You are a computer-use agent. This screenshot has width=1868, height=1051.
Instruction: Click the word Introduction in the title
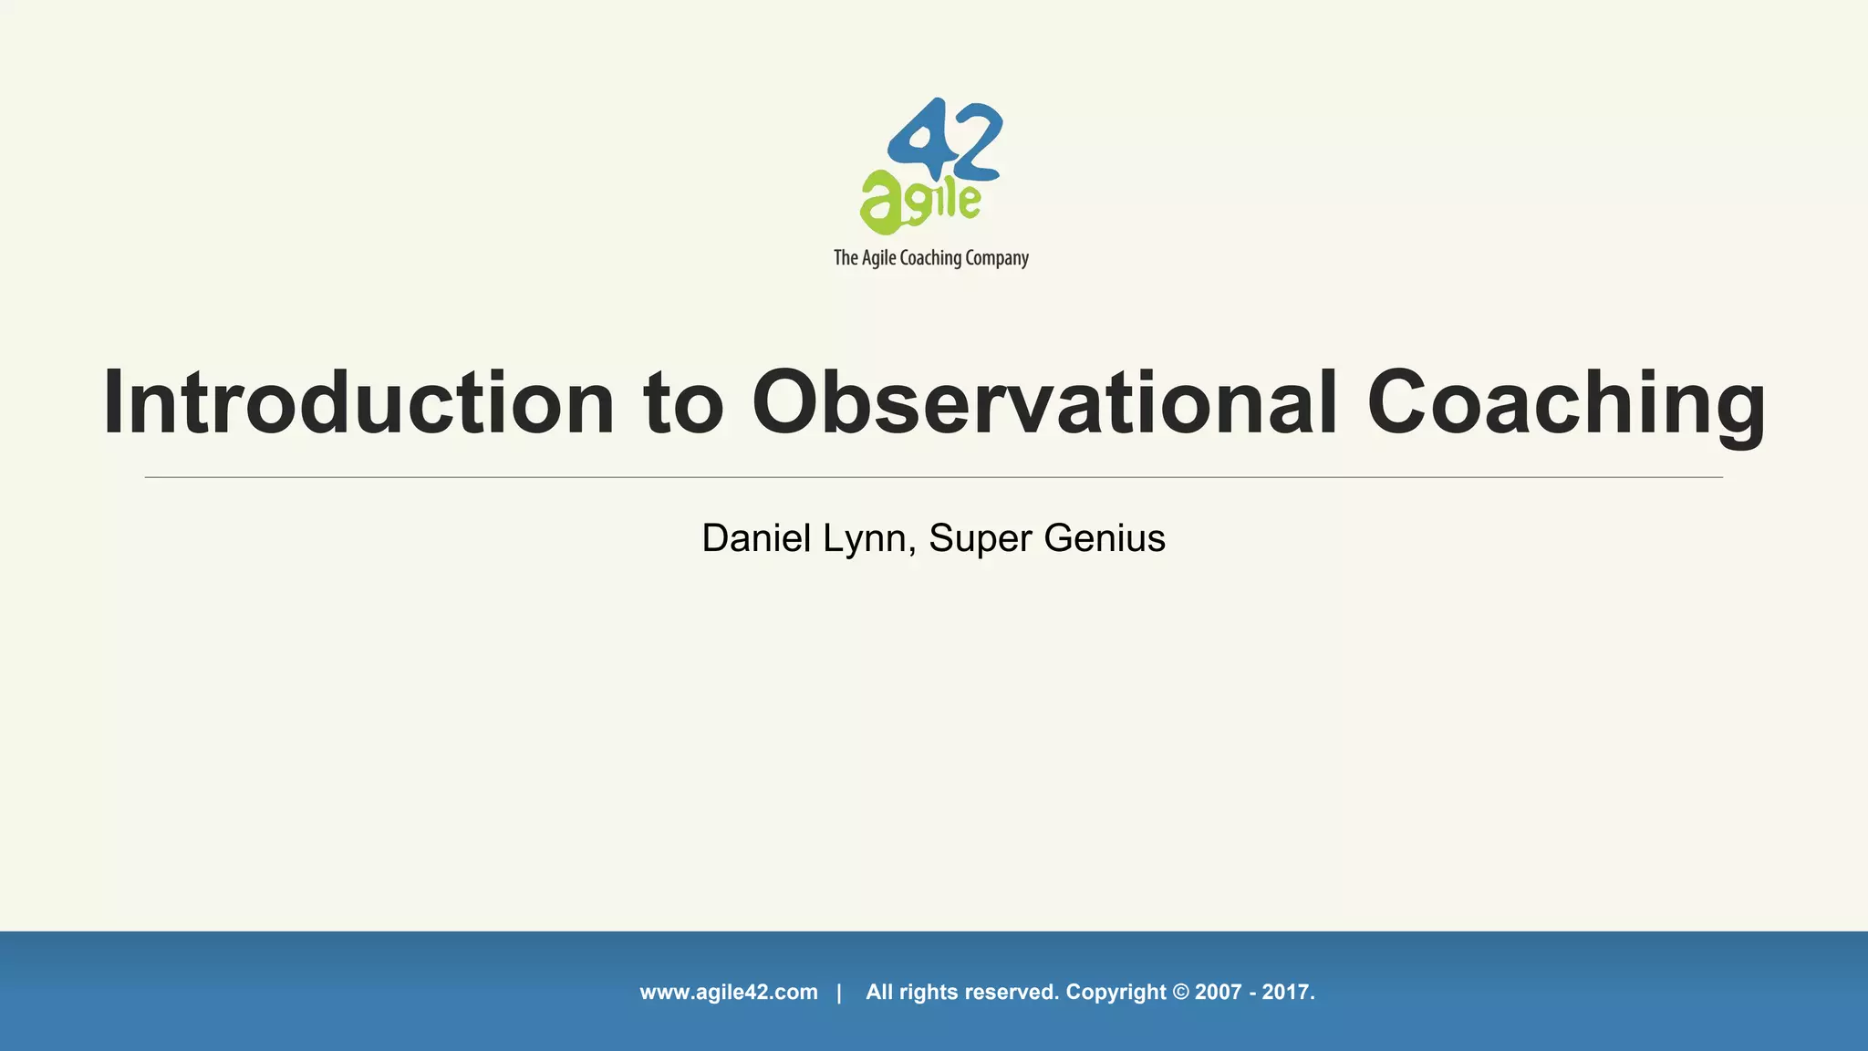(358, 402)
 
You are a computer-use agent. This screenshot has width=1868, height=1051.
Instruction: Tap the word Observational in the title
(1044, 402)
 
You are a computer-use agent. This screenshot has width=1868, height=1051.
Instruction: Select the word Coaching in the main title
(1566, 404)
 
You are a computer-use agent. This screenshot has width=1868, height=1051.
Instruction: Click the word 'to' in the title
(683, 404)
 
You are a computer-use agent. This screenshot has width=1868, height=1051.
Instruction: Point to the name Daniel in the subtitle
(756, 538)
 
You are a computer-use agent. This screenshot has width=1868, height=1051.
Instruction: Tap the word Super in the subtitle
(981, 539)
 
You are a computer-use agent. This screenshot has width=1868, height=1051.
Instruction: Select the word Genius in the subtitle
(1105, 538)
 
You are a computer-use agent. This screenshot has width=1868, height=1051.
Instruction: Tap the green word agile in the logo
(919, 202)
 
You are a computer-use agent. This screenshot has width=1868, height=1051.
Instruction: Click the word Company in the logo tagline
(996, 258)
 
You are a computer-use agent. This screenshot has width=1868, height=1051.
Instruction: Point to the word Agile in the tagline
(878, 258)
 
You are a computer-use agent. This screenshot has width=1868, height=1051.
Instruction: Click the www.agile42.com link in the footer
(729, 993)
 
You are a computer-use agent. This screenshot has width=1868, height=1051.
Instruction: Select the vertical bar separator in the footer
(839, 993)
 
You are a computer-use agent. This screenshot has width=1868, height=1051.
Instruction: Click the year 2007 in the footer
(1219, 993)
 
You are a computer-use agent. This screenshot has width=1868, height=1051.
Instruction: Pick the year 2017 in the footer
(1287, 993)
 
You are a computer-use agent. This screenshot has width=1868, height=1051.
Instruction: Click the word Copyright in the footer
(1116, 993)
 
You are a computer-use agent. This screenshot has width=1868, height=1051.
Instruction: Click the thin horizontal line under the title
(933, 477)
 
